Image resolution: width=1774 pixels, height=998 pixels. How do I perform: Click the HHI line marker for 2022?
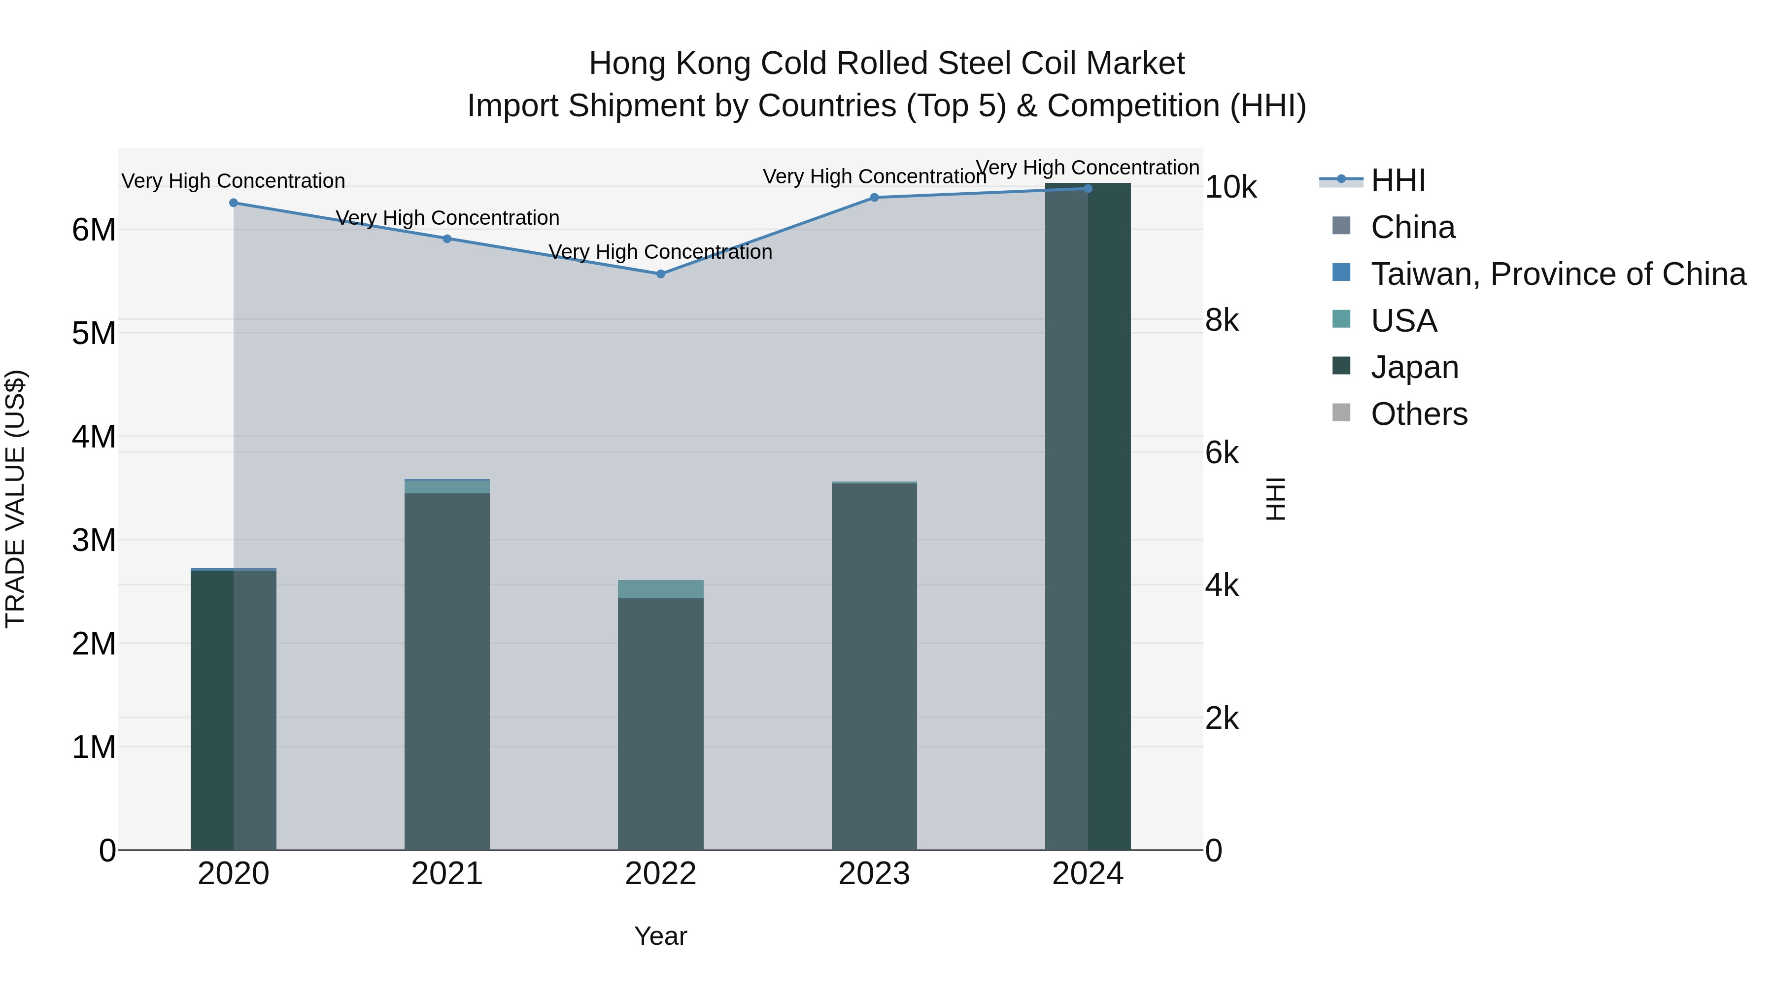(x=660, y=274)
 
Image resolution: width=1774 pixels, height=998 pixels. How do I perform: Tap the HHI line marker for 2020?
(x=234, y=203)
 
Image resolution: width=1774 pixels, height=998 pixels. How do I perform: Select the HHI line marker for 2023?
(x=874, y=198)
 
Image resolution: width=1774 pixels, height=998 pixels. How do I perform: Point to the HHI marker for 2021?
(x=447, y=239)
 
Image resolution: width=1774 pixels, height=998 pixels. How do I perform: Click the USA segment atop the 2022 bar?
(x=660, y=589)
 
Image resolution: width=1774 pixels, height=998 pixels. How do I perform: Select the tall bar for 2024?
(x=1088, y=516)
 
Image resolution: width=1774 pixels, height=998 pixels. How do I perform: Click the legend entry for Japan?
(x=1414, y=367)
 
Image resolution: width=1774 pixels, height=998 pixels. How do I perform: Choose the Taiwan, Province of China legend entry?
(x=1558, y=274)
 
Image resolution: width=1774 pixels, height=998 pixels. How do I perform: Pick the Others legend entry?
(x=1419, y=414)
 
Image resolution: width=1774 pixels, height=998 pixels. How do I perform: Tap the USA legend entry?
(x=1403, y=321)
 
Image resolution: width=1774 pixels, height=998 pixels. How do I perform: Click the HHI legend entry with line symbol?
(x=1398, y=180)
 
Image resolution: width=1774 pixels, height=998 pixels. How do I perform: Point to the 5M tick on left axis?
(x=94, y=333)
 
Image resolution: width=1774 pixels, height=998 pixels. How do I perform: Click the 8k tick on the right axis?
(x=1222, y=320)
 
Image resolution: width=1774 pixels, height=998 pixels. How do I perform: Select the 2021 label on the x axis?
(x=447, y=874)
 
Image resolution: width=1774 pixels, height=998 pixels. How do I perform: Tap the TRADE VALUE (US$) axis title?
(x=16, y=499)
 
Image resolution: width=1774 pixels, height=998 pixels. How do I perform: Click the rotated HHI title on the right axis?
(x=1275, y=499)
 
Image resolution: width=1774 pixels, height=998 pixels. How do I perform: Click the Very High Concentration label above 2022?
(x=660, y=252)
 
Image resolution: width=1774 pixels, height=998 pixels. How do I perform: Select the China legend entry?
(x=1412, y=227)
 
